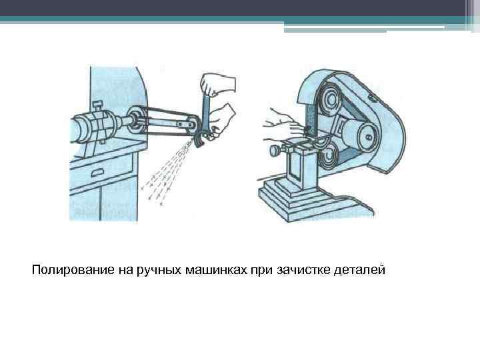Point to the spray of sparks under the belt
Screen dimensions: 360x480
167,170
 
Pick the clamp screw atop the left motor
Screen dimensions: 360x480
97,105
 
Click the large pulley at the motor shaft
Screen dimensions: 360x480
137,121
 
